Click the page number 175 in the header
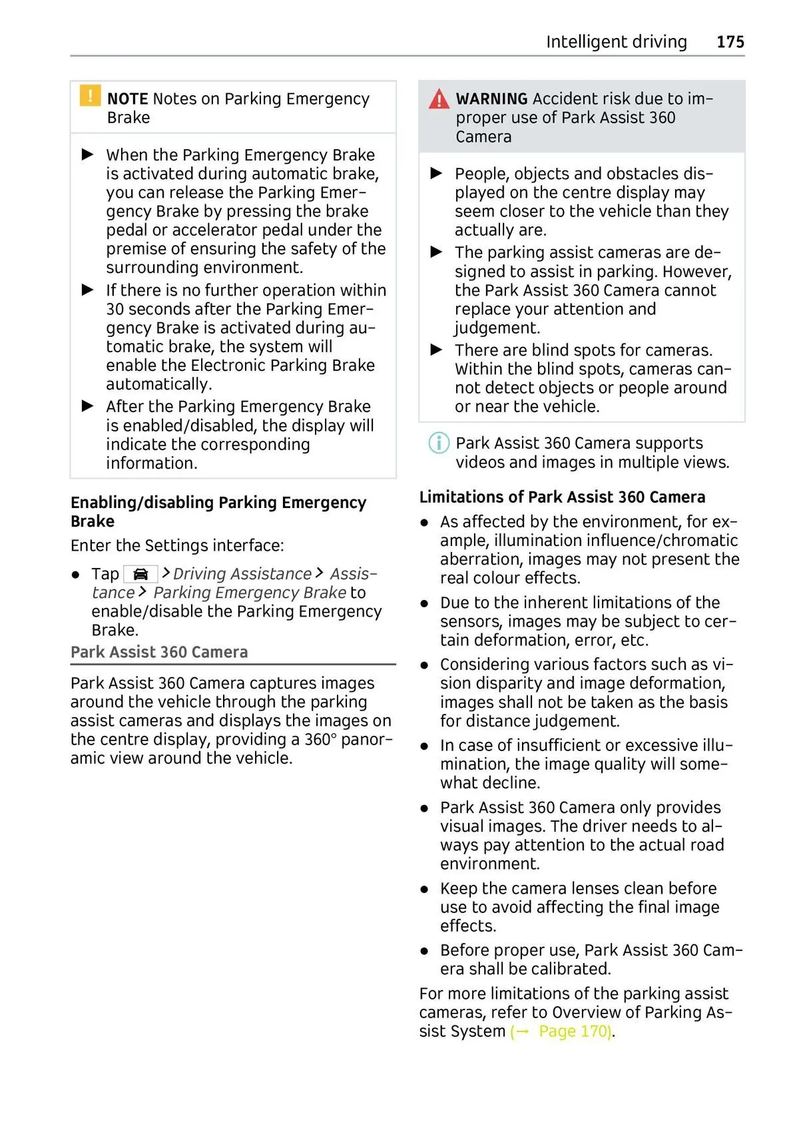(730, 42)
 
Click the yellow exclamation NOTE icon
(90, 96)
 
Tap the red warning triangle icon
(439, 100)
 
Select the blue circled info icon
(438, 443)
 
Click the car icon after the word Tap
(140, 574)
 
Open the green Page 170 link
(574, 1031)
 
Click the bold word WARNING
(491, 99)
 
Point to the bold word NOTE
(127, 99)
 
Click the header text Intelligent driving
(616, 42)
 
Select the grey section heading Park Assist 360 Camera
(159, 652)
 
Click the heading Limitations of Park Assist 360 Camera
(562, 497)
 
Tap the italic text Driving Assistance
(242, 574)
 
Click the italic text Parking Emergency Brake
(250, 593)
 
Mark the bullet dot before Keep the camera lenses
(424, 889)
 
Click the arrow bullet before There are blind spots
(437, 350)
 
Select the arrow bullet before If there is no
(88, 290)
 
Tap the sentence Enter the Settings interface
(177, 545)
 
